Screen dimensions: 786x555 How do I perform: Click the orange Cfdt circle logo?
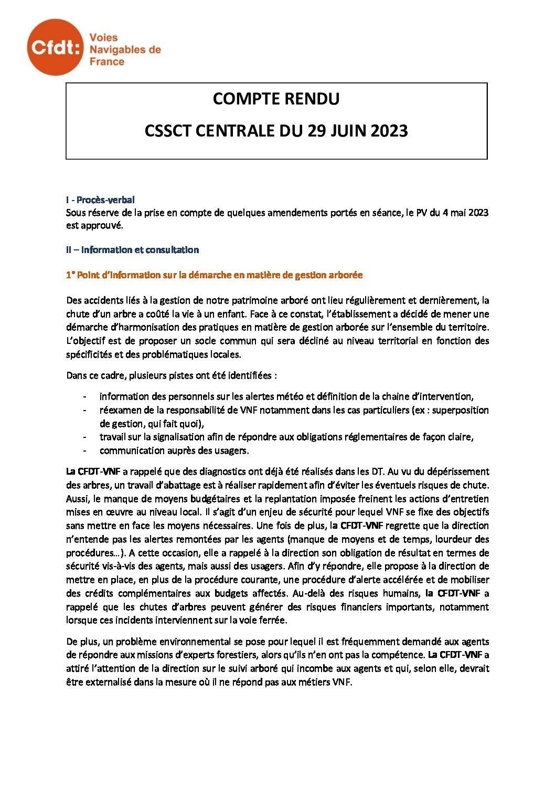click(55, 47)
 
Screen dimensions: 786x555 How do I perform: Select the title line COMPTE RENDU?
click(276, 99)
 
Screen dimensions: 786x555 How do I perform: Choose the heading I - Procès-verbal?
click(100, 200)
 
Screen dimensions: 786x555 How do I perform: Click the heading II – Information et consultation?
click(132, 249)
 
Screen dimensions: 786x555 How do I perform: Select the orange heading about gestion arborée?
click(215, 275)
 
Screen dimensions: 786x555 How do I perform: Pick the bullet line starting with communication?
click(174, 450)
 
